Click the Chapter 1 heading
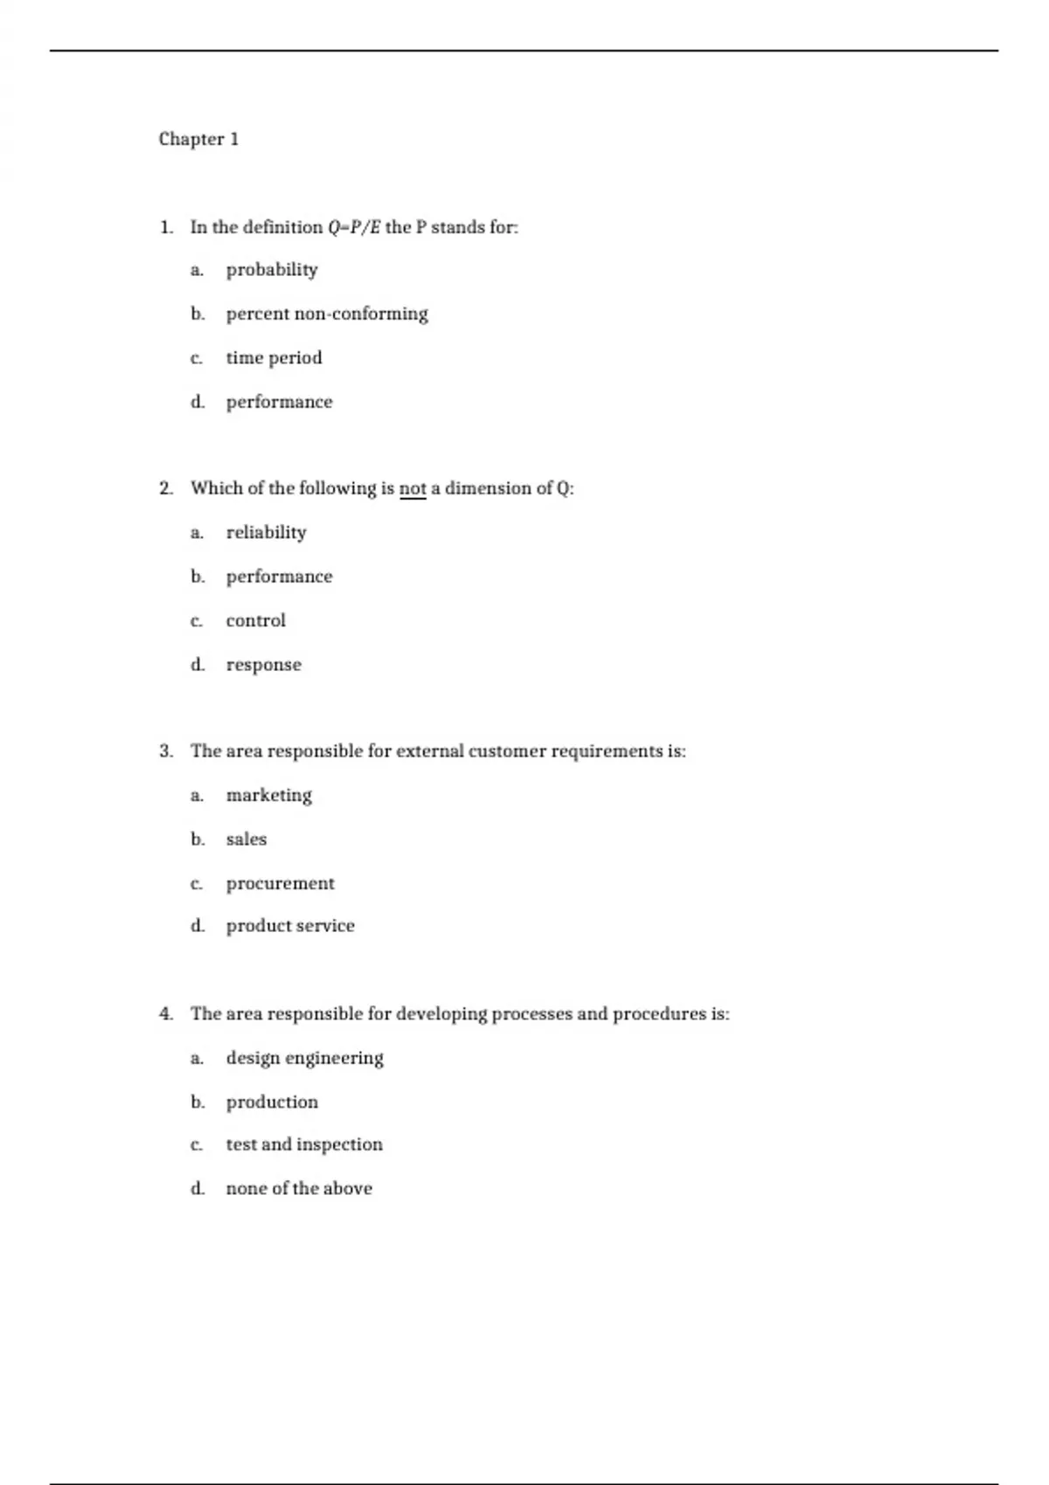click(x=198, y=139)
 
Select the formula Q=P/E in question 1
click(x=354, y=227)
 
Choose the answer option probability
click(x=271, y=270)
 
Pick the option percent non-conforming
click(x=326, y=314)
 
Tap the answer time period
click(x=274, y=358)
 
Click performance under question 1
click(x=279, y=402)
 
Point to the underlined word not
click(x=413, y=488)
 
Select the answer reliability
click(x=266, y=532)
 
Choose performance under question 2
click(x=279, y=577)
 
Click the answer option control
click(x=255, y=620)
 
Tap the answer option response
click(x=263, y=665)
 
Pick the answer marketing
click(x=268, y=795)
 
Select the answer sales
click(x=246, y=839)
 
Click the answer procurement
click(x=280, y=883)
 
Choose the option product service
click(x=290, y=925)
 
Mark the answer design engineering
click(x=304, y=1058)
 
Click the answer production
click(x=272, y=1102)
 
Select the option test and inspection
click(x=304, y=1144)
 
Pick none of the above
click(x=299, y=1188)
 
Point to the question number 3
click(x=166, y=751)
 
